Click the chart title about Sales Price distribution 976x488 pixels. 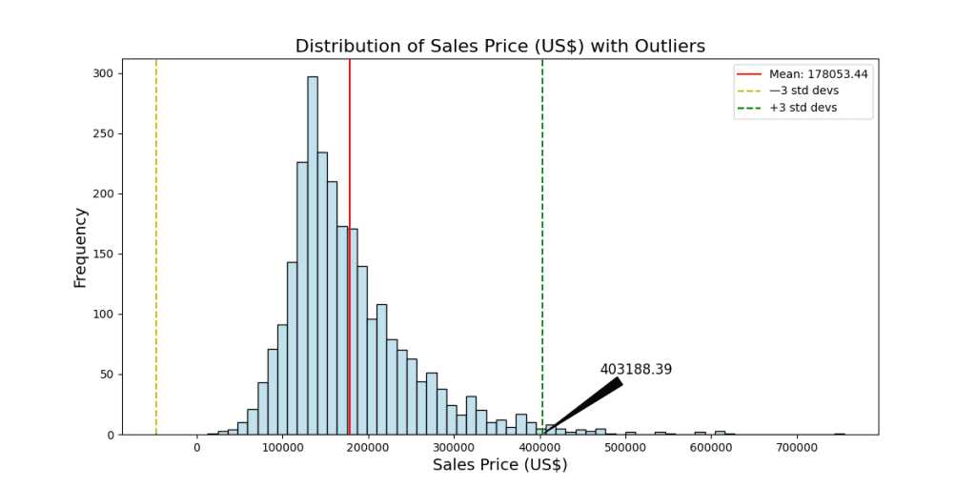pyautogui.click(x=499, y=46)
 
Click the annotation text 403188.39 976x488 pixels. pyautogui.click(x=636, y=370)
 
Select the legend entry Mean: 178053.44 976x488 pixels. pyautogui.click(x=818, y=73)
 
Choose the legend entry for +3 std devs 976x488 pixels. pyautogui.click(x=803, y=108)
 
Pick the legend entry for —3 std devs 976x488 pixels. pyautogui.click(x=803, y=91)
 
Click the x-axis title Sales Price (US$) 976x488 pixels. pyautogui.click(x=499, y=465)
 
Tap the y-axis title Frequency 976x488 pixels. pyautogui.click(x=80, y=248)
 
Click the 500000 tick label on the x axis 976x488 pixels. pyautogui.click(x=624, y=447)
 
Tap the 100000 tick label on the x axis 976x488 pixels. pyautogui.click(x=282, y=447)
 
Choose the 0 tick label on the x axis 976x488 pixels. pyautogui.click(x=197, y=447)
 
